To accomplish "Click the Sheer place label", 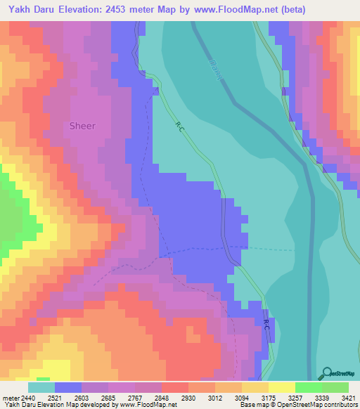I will (x=82, y=126).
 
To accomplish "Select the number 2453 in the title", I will (x=140, y=9).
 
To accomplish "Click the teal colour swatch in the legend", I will (x=41, y=387).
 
